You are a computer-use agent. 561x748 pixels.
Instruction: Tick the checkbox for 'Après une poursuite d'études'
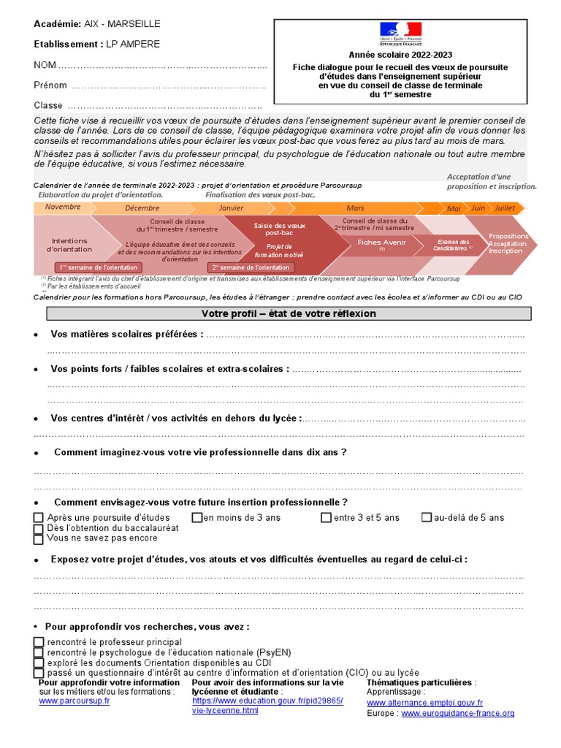(39, 518)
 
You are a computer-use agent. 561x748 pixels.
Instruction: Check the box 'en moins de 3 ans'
(196, 518)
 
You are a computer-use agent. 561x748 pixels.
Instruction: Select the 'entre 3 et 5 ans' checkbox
(326, 518)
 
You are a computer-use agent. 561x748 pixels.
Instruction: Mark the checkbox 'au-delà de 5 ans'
(427, 518)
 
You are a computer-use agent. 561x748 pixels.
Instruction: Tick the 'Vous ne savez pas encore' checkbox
(39, 539)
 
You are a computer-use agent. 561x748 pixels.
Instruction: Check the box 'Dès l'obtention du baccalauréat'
(39, 528)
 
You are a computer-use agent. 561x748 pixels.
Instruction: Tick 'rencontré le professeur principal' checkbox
(39, 642)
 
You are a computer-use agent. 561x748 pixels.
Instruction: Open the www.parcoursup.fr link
(75, 701)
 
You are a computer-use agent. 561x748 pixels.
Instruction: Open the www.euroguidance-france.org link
(458, 713)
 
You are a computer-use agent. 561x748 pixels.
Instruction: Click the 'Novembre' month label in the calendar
(63, 207)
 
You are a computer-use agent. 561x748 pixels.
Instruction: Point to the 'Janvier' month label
(232, 208)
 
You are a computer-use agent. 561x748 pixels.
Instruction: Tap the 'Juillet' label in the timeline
(505, 208)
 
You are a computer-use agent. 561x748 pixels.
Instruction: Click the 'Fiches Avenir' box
(381, 242)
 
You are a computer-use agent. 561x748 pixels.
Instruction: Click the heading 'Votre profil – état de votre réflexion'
(289, 313)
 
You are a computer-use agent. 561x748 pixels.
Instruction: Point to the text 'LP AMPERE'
(133, 44)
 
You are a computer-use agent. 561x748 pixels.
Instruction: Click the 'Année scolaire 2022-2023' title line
(400, 55)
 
